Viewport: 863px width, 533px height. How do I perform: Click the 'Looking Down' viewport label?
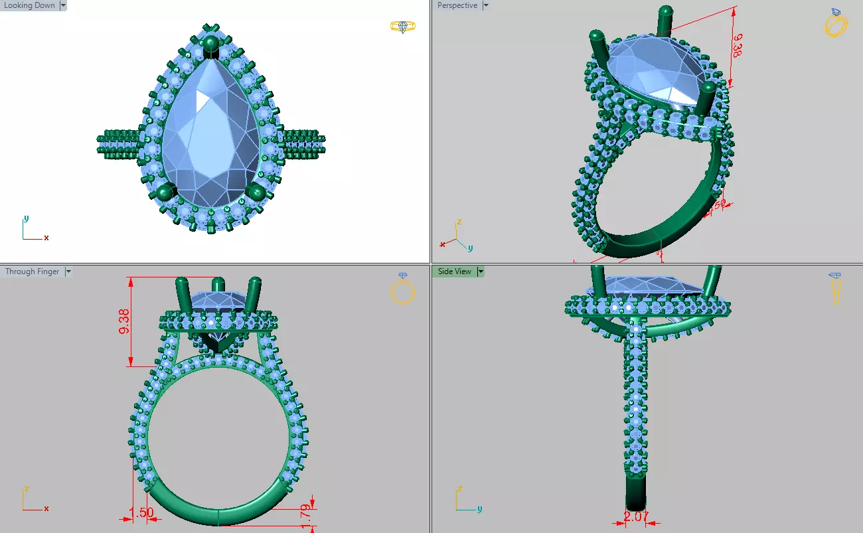[29, 5]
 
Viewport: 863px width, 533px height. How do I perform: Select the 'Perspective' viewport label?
[457, 5]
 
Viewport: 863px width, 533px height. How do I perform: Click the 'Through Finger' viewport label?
[32, 271]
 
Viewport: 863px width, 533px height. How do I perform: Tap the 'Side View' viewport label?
[454, 271]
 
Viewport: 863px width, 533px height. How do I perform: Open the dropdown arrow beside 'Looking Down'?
[63, 5]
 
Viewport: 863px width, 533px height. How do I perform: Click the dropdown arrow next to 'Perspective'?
[485, 5]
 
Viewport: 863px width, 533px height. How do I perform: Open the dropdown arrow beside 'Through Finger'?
[68, 271]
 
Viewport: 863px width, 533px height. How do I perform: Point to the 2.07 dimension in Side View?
[636, 516]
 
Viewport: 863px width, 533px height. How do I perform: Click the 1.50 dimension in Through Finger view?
[141, 512]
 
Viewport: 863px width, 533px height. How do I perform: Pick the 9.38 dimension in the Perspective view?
[736, 46]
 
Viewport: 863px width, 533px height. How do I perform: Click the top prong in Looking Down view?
[211, 45]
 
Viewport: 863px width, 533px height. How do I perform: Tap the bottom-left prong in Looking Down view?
[165, 192]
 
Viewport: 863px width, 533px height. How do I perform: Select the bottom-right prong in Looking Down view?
[256, 192]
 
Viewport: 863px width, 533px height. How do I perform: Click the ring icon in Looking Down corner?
[402, 27]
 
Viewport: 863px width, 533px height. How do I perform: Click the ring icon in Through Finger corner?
[403, 289]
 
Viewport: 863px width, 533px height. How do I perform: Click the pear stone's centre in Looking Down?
[210, 129]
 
